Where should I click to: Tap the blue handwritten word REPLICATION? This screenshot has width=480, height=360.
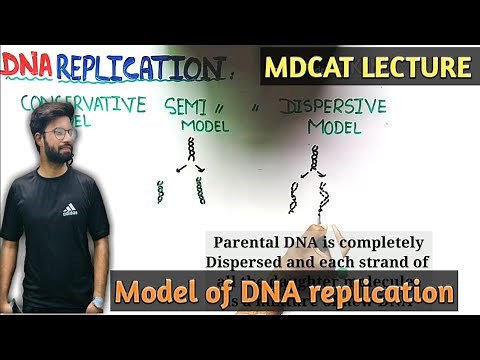[x=140, y=68]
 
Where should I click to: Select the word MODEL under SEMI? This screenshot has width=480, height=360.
[x=205, y=126]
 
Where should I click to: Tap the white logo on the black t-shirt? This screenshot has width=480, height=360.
[x=69, y=210]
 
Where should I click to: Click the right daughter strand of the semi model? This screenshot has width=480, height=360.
[x=201, y=190]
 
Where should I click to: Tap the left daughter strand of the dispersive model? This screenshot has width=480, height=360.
[x=293, y=197]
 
